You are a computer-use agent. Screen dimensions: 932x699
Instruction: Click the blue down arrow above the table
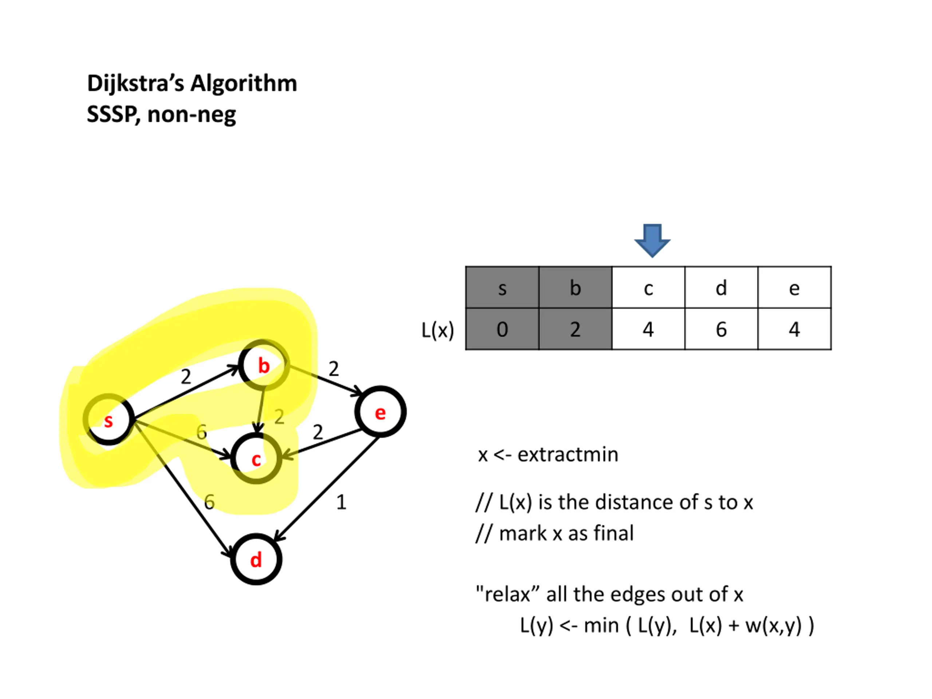652,241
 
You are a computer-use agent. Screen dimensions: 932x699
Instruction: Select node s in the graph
109,420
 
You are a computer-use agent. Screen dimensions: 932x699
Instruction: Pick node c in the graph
256,458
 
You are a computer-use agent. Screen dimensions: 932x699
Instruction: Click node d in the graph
256,559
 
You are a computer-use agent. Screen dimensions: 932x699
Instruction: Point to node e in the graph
380,412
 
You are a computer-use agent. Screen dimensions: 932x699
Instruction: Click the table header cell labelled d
721,287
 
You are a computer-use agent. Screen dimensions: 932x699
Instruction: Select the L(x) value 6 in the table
721,329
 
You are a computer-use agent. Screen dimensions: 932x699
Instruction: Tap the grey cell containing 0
502,329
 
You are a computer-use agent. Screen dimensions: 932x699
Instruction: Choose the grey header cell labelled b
576,287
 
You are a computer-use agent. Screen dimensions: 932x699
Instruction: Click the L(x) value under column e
795,329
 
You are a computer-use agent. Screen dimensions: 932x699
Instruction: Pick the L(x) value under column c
648,329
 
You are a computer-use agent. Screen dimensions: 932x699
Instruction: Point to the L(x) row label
438,330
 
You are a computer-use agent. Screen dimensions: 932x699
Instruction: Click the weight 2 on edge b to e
334,369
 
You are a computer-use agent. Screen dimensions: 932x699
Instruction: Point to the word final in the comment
613,533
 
